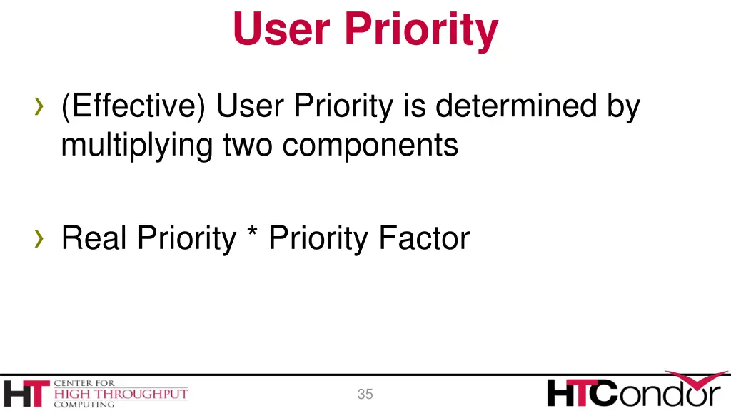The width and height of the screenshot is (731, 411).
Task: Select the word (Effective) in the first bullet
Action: pos(134,108)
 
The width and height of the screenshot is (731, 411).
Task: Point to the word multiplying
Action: pos(136,146)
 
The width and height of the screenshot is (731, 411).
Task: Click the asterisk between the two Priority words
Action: pos(251,235)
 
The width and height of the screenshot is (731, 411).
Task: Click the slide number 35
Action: pos(365,395)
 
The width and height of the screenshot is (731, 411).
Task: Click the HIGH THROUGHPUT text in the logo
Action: pos(121,394)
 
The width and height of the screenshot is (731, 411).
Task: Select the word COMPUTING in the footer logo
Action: pos(84,405)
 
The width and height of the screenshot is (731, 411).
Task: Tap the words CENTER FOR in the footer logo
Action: pos(84,383)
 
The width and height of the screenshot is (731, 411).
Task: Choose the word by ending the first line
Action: pos(623,108)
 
